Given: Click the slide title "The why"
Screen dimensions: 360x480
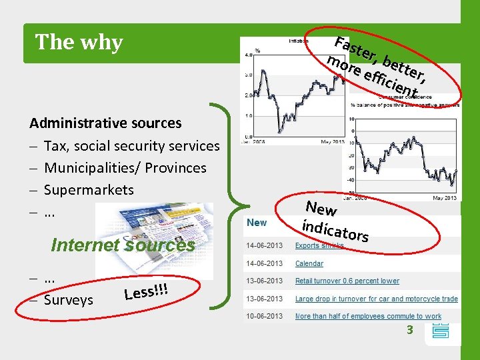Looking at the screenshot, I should (x=79, y=42).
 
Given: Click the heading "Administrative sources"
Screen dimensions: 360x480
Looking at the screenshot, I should (x=105, y=123).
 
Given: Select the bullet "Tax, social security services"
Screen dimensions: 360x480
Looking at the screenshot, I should (x=131, y=145).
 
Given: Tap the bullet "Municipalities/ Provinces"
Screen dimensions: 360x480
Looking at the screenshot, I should (x=125, y=167).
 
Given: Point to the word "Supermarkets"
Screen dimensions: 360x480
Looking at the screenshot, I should (x=89, y=189).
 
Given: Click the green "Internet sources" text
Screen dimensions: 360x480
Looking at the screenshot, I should (x=123, y=245).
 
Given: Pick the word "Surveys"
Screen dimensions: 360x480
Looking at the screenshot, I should (x=69, y=300).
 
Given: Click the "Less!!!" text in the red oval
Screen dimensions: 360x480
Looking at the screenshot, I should (x=145, y=291).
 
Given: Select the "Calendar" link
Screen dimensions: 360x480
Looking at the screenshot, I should (x=309, y=263).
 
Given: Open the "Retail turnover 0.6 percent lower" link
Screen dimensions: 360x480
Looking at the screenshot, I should (x=347, y=281).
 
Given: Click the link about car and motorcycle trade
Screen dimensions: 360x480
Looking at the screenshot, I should (x=376, y=299).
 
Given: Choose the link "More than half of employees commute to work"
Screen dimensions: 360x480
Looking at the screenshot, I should (x=368, y=316).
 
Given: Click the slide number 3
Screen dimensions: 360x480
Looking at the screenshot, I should (x=411, y=329).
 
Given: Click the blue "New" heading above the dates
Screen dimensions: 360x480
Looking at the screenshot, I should (x=257, y=223).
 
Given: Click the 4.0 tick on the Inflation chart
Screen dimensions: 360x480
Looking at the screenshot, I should (x=249, y=54).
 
